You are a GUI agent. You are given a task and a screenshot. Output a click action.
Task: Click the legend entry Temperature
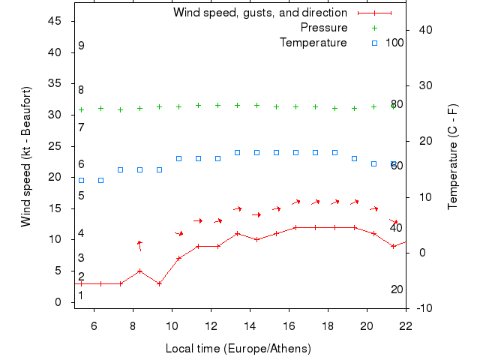[313, 43]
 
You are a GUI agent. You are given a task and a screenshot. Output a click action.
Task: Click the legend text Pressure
[324, 28]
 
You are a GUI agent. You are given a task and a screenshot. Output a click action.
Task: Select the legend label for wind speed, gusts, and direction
[259, 13]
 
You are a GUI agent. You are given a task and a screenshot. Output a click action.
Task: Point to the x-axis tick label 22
[406, 326]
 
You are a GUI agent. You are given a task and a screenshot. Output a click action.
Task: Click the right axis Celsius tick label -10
[423, 308]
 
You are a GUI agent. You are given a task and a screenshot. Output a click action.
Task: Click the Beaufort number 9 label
[81, 46]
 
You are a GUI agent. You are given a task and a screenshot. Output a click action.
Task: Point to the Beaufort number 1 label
[81, 295]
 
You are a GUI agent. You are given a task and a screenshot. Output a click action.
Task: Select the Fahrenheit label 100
[395, 43]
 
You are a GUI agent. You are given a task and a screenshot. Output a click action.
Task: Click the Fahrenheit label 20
[397, 289]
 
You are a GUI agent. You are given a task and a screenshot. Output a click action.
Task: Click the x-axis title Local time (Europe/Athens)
[238, 349]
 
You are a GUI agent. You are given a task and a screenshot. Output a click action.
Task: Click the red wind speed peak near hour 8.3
[139, 271]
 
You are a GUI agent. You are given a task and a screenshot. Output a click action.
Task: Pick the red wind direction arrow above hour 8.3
[139, 244]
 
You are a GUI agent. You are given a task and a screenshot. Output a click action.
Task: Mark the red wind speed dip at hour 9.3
[159, 283]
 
